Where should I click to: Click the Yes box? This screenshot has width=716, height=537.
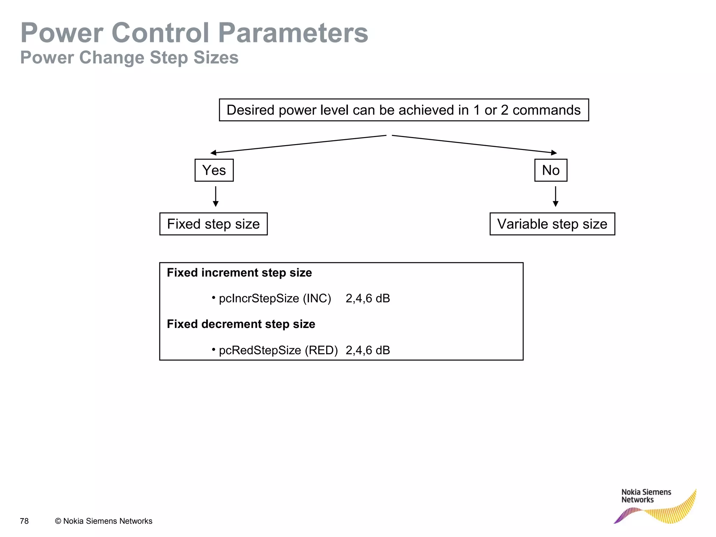click(214, 170)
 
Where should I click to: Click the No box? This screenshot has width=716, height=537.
click(551, 170)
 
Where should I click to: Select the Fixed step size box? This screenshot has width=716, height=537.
click(213, 224)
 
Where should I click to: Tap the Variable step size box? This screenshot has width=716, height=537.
click(552, 224)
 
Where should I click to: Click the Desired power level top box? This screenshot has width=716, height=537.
click(404, 110)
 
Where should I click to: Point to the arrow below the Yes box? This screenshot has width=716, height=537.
click(216, 196)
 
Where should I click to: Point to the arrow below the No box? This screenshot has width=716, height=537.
click(556, 196)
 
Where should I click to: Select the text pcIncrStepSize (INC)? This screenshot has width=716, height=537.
click(275, 299)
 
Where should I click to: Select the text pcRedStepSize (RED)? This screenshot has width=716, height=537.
click(278, 350)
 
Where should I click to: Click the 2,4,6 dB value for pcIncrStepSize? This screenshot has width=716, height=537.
click(368, 299)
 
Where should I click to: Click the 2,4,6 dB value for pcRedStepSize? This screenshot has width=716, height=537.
click(368, 350)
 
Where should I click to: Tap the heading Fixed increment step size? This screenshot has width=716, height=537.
click(239, 273)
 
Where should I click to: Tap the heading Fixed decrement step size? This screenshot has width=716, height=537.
click(241, 324)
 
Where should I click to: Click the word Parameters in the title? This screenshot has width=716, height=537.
click(293, 33)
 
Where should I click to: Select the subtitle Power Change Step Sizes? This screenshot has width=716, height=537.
click(129, 58)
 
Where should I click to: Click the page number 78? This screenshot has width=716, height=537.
click(24, 521)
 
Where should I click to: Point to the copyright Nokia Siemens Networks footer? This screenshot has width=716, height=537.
click(103, 521)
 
